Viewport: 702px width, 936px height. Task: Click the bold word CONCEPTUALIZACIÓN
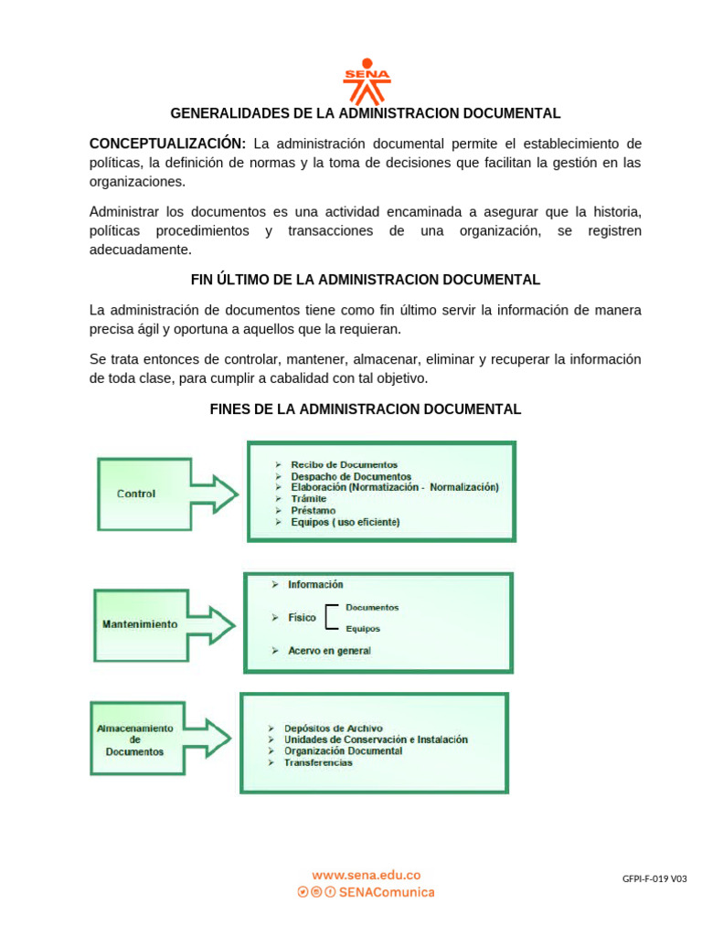click(x=167, y=144)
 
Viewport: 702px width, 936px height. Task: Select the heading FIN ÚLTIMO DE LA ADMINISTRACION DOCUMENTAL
click(x=365, y=279)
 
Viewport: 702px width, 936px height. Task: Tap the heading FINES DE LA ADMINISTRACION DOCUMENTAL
click(x=365, y=409)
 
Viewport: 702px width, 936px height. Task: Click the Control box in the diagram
click(x=144, y=494)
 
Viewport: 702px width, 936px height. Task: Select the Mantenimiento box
click(x=141, y=624)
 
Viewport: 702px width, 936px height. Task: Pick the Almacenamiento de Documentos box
click(x=136, y=739)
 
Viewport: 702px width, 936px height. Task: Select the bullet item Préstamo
click(x=313, y=510)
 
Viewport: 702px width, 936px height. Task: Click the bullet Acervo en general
click(x=329, y=650)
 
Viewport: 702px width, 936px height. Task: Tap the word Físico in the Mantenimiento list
click(x=302, y=618)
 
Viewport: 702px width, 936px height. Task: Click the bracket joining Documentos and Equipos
click(x=331, y=618)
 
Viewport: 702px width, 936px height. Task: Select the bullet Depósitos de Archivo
click(x=333, y=728)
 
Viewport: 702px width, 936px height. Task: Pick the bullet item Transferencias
click(x=317, y=762)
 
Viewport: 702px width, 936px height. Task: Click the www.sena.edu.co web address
click(x=366, y=875)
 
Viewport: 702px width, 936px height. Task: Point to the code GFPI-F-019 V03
click(x=654, y=879)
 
